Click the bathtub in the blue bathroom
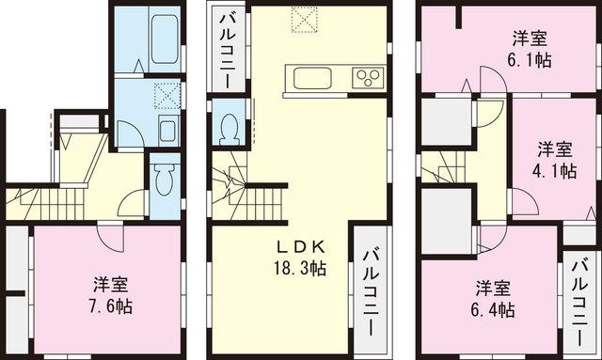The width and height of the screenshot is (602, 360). pos(164,39)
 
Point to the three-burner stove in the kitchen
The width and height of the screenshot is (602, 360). pos(368,78)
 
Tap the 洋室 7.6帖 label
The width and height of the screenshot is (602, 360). pos(110,295)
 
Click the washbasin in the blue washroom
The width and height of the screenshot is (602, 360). pos(166,132)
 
